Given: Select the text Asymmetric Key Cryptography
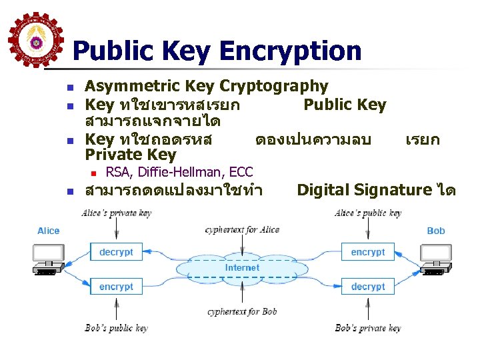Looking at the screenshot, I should [207, 86].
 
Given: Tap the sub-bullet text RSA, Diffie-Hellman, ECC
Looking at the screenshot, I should [179, 173].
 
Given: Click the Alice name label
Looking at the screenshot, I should [49, 231].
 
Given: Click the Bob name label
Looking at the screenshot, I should [435, 231].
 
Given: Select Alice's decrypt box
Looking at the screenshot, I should [116, 252].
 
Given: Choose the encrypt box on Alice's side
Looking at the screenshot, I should [116, 287].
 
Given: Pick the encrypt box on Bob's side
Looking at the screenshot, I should [368, 252].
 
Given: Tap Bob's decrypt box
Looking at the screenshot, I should [368, 287].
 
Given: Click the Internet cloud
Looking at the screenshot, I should [242, 268].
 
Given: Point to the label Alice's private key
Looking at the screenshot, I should [116, 213].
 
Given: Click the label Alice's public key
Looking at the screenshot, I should [368, 213].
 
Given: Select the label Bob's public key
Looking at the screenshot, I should [116, 328].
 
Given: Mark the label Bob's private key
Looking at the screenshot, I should [368, 328].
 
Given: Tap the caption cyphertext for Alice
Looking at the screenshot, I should [242, 230].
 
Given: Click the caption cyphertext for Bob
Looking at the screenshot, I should [242, 311].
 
